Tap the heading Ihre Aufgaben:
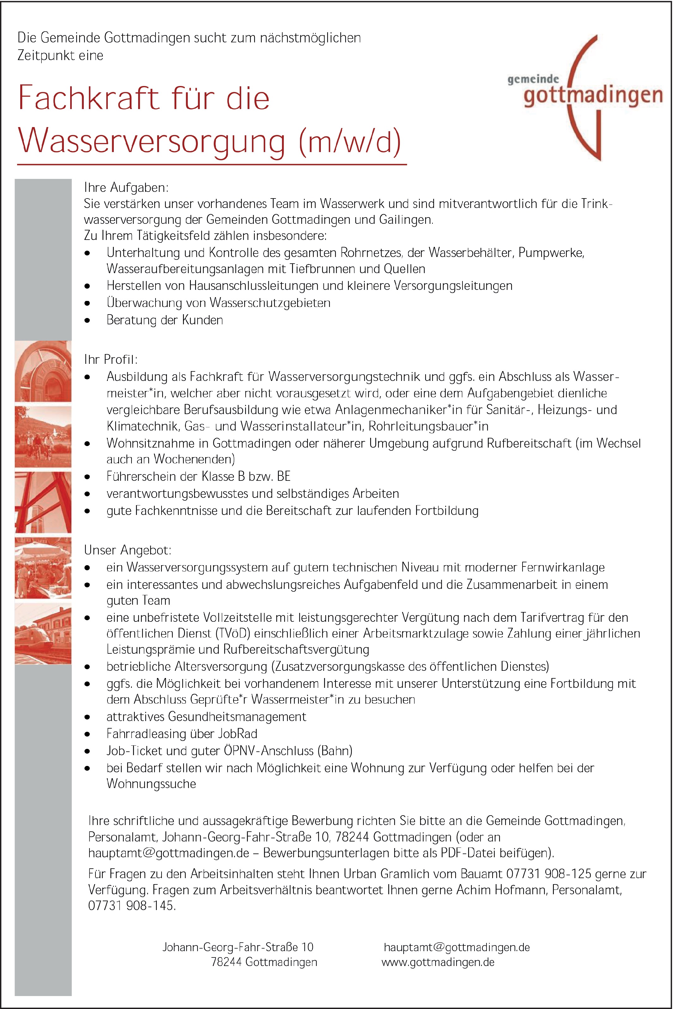[x=126, y=187]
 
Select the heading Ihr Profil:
[x=111, y=359]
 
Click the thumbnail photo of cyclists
[x=43, y=437]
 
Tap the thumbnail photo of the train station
[x=43, y=633]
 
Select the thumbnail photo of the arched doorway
[x=43, y=371]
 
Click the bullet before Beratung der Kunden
[x=88, y=320]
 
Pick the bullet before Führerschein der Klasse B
[x=88, y=477]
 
